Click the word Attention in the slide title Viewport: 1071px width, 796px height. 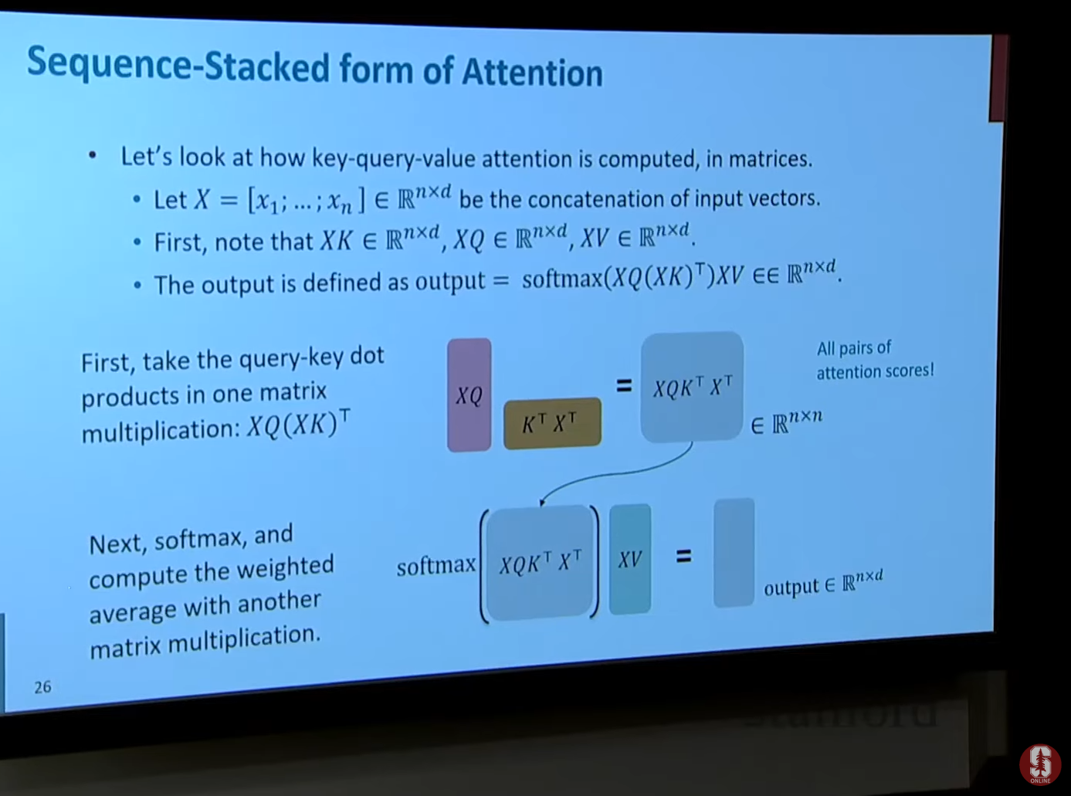coord(532,73)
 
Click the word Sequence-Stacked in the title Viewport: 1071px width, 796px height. coord(178,65)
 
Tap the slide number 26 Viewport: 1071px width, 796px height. coord(42,687)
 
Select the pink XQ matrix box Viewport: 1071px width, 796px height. coord(469,395)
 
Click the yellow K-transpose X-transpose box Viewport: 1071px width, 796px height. coord(552,424)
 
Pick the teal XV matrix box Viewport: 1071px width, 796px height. coord(630,559)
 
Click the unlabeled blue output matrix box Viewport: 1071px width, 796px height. coord(734,553)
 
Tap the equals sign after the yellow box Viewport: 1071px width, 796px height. coord(624,385)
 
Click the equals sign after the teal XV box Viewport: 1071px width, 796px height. coord(683,557)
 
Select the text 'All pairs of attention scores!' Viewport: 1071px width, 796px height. coord(875,359)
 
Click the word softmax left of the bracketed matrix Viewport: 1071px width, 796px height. coord(436,565)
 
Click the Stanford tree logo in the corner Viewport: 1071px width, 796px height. coord(1040,764)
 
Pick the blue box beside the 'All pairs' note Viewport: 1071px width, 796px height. coord(692,387)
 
